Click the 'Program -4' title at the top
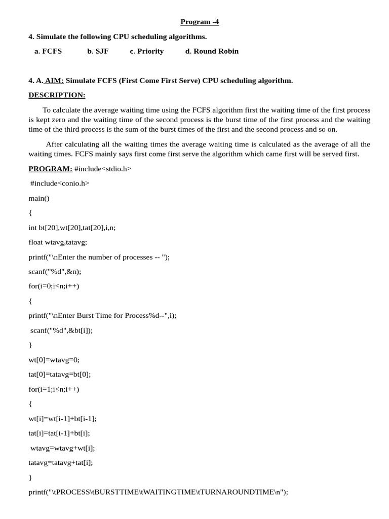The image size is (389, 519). coord(200,22)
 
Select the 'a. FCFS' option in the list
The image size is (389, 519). coord(48,51)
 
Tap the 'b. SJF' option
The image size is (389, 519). coord(98,51)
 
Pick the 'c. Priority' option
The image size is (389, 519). coord(146,51)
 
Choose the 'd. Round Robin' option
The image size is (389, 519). coord(212,51)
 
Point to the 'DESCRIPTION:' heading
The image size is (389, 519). coord(57,95)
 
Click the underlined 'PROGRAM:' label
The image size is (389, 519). coord(50,169)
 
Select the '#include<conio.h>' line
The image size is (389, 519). coord(60,183)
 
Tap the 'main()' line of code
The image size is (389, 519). coord(39,198)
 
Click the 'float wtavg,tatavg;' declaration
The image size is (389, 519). coord(58,242)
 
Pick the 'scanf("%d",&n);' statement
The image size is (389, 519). coord(55,272)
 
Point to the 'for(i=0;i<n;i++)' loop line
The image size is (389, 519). coord(54,286)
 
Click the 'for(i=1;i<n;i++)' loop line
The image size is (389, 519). coord(54,389)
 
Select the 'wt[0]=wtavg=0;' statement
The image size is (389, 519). coord(54,360)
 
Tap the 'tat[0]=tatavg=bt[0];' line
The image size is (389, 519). coord(60,375)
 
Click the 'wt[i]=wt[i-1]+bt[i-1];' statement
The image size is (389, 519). coord(62,419)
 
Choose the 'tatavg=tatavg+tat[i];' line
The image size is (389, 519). coord(61,463)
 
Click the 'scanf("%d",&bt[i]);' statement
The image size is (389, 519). coord(62,330)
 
